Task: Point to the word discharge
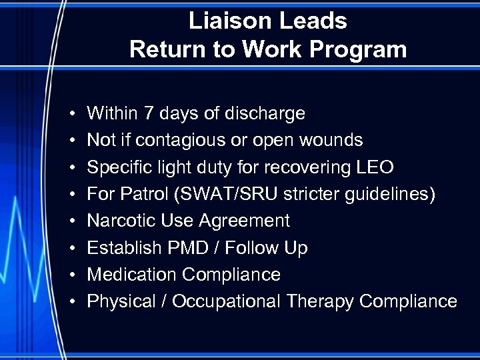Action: [x=266, y=113]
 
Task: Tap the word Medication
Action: [x=132, y=275]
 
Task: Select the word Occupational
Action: [x=227, y=301]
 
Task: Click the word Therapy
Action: [x=320, y=301]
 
